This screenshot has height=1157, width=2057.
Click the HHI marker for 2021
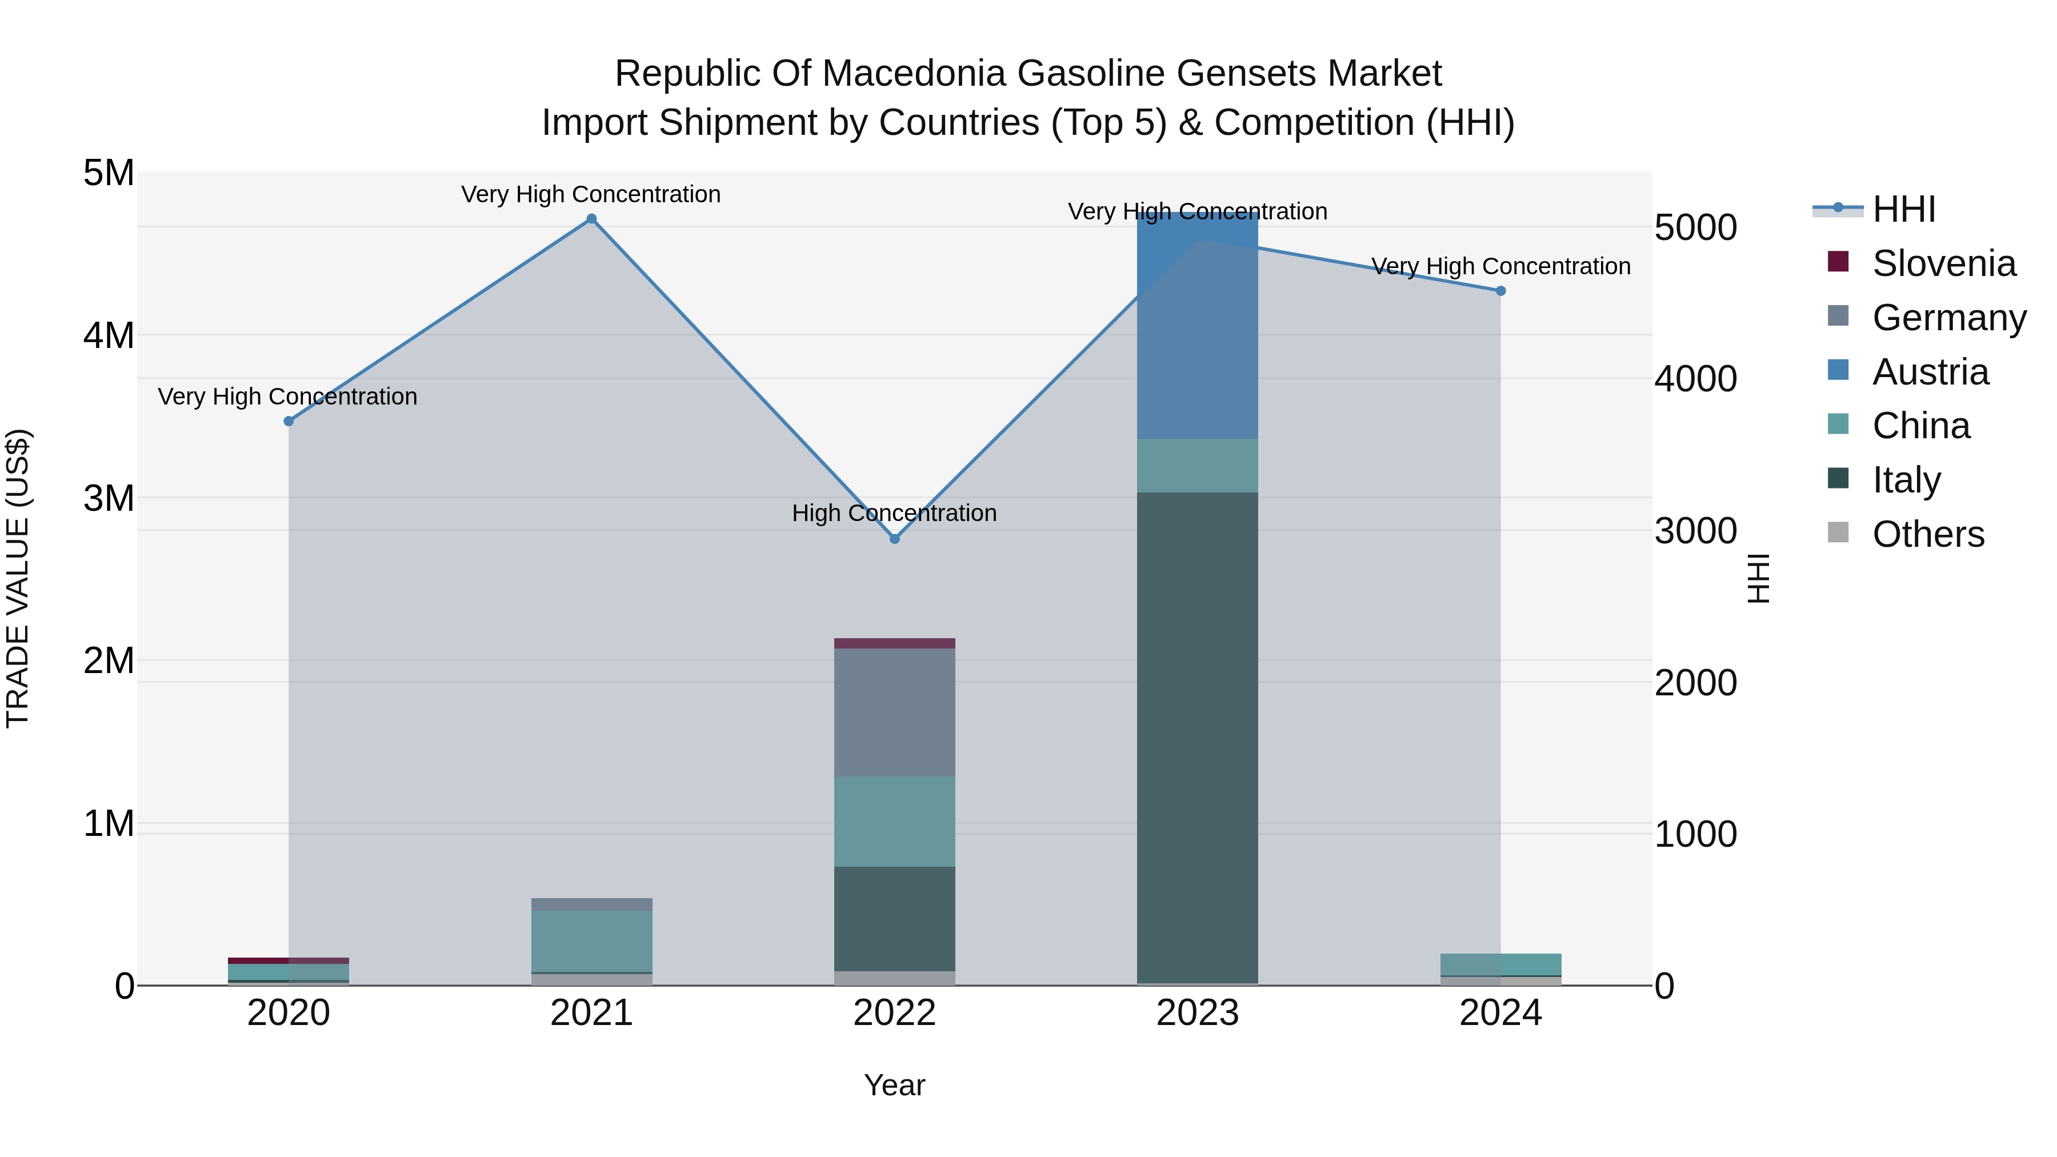[x=592, y=219]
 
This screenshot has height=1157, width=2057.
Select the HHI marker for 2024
[x=1500, y=291]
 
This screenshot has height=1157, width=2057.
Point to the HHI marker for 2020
[x=289, y=422]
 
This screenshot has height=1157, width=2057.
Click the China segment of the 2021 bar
[x=592, y=940]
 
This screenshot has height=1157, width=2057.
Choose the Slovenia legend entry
[x=1944, y=263]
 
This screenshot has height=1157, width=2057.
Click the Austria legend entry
[x=1930, y=372]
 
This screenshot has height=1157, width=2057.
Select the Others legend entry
[x=1928, y=534]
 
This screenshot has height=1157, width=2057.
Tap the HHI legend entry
[x=1904, y=209]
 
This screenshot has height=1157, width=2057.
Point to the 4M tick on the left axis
[x=109, y=335]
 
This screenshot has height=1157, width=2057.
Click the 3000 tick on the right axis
[x=1695, y=531]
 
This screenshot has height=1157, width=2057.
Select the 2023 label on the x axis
[x=1197, y=1013]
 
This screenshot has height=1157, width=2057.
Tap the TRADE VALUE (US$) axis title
[x=18, y=578]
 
